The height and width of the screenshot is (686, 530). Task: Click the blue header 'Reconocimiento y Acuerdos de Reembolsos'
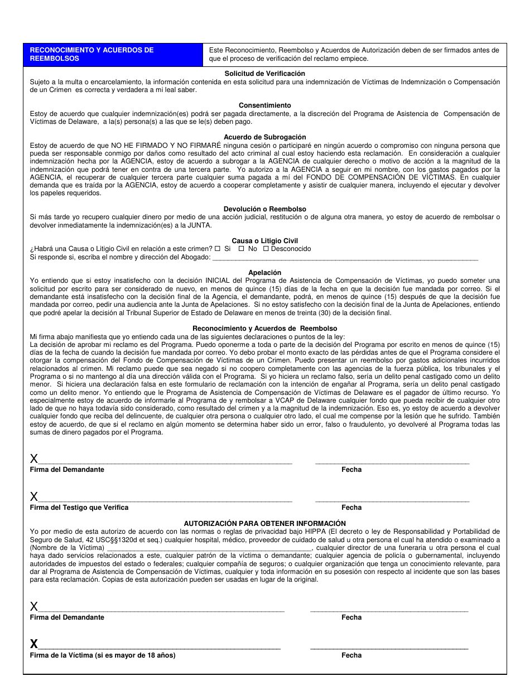[113, 54]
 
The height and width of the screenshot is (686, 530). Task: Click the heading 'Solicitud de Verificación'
[265, 74]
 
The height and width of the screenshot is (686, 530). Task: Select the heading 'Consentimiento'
[265, 105]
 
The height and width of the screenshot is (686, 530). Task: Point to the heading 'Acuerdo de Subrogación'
[265, 137]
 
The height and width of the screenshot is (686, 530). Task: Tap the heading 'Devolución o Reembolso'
[265, 209]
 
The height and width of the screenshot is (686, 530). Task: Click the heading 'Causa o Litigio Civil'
[265, 241]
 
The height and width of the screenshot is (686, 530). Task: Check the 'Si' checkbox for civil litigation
[218, 249]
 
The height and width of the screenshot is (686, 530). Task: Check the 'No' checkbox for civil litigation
[242, 249]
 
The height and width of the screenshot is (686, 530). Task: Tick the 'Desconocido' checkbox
[266, 249]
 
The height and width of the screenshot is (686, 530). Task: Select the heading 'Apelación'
[265, 273]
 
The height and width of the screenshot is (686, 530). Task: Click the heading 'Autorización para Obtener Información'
[265, 524]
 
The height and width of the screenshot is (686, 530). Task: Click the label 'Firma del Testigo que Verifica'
[79, 508]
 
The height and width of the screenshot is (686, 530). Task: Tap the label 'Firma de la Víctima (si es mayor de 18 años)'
[103, 655]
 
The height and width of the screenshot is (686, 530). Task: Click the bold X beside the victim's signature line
[34, 645]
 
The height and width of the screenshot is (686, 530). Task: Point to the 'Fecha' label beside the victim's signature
[351, 655]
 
